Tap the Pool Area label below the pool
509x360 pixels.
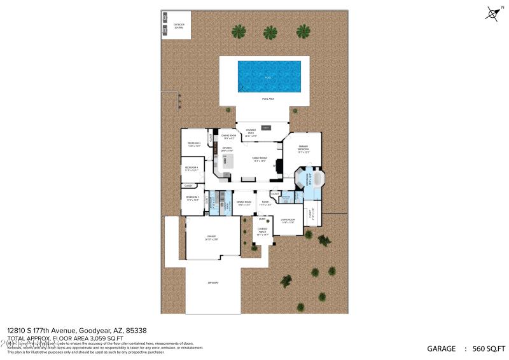[x=268, y=99]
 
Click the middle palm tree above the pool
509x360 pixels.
[x=270, y=32]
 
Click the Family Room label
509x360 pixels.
[x=259, y=159]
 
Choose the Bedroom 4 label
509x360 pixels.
[x=192, y=169]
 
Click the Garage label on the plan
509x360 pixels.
[x=211, y=238]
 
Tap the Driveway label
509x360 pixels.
[x=213, y=282]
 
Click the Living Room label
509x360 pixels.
[x=288, y=221]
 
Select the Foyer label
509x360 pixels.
[x=265, y=203]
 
